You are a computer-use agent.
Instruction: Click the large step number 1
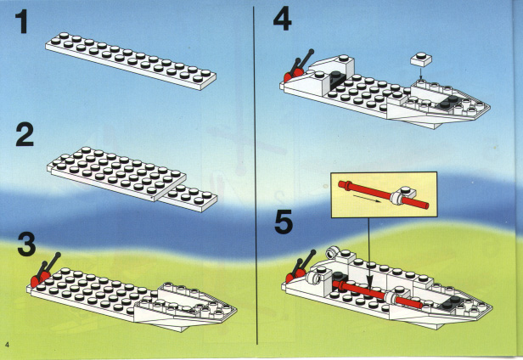click(22, 22)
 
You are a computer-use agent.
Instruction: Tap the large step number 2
click(25, 135)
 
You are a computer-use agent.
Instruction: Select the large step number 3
click(26, 245)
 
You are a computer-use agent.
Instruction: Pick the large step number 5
click(284, 222)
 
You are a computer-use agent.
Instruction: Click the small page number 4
click(7, 344)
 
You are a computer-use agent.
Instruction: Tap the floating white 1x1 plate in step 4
click(421, 59)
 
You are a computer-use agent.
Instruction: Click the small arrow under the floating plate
click(420, 73)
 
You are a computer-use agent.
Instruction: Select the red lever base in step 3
click(40, 279)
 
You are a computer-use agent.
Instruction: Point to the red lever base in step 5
click(295, 276)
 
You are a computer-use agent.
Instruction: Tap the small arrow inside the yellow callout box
click(367, 199)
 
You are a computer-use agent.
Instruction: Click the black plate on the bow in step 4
click(447, 102)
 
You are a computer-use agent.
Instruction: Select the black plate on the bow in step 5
click(450, 301)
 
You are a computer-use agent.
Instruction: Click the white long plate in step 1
click(131, 61)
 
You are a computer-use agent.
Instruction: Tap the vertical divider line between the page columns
click(256, 176)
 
